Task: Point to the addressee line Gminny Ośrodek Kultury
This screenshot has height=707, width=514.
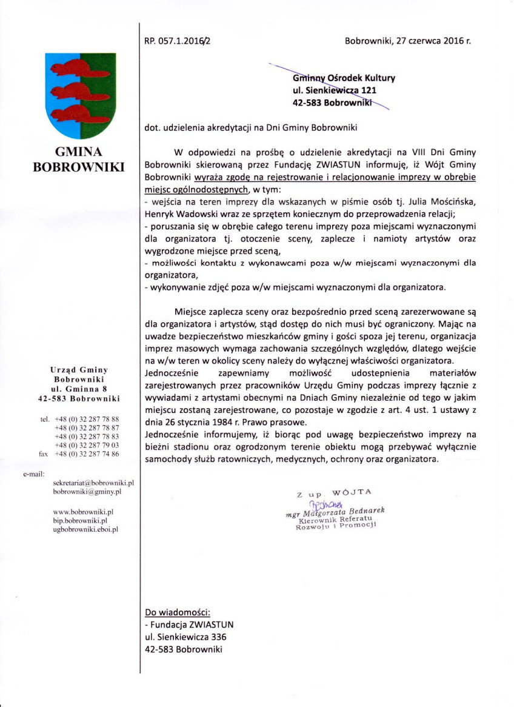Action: click(344, 78)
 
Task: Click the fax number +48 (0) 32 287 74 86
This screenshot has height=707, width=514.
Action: click(87, 454)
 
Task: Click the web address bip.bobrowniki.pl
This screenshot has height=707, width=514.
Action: click(80, 520)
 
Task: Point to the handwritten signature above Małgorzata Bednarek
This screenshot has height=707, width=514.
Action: click(327, 504)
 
